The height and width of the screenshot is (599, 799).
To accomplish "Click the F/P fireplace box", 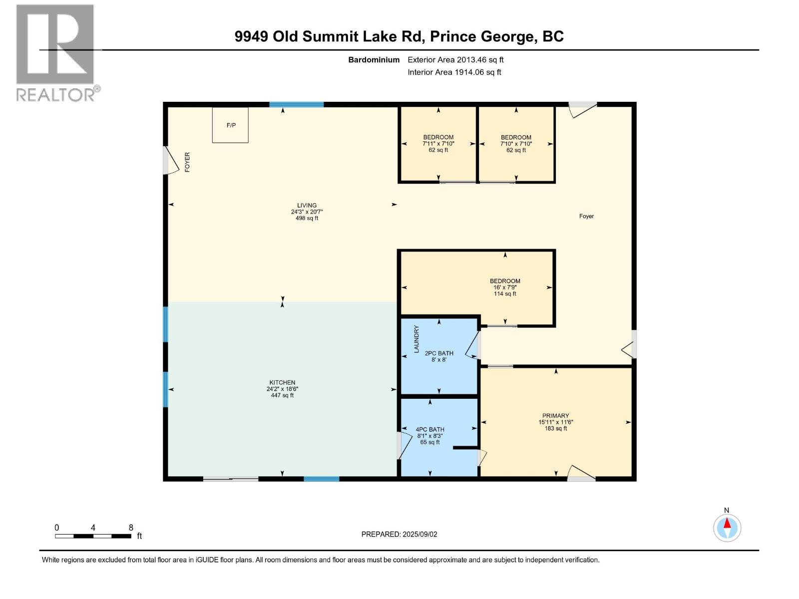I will click(x=230, y=125).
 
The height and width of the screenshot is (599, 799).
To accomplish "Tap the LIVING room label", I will click(x=307, y=205).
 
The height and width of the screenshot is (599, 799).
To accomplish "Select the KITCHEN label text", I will click(x=282, y=382).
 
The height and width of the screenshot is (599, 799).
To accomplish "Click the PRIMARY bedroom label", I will click(x=555, y=416).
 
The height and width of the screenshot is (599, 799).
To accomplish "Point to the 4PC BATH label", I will click(x=429, y=429).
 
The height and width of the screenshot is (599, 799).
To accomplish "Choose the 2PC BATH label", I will click(x=439, y=353).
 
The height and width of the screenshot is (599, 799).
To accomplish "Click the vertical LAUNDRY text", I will click(x=416, y=339).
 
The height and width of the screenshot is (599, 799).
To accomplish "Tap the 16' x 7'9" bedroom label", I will click(x=505, y=288).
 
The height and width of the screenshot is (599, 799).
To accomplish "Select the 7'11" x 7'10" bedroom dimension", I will click(x=438, y=144).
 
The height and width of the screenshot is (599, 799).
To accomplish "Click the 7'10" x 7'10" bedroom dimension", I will click(x=516, y=144).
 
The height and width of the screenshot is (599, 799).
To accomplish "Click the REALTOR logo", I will click(x=55, y=52).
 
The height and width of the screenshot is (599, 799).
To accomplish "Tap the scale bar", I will click(x=93, y=536).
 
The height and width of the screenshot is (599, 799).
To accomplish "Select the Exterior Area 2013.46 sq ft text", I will click(x=455, y=60).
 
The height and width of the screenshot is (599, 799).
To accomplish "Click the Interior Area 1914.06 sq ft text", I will click(x=454, y=72).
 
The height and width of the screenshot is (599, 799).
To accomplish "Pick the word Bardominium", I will click(x=374, y=60).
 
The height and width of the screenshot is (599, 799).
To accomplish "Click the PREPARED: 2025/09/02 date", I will click(x=399, y=534).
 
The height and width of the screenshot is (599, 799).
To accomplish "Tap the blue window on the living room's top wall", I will click(x=296, y=104).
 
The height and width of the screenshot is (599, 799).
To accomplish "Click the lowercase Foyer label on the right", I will click(x=586, y=216).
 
